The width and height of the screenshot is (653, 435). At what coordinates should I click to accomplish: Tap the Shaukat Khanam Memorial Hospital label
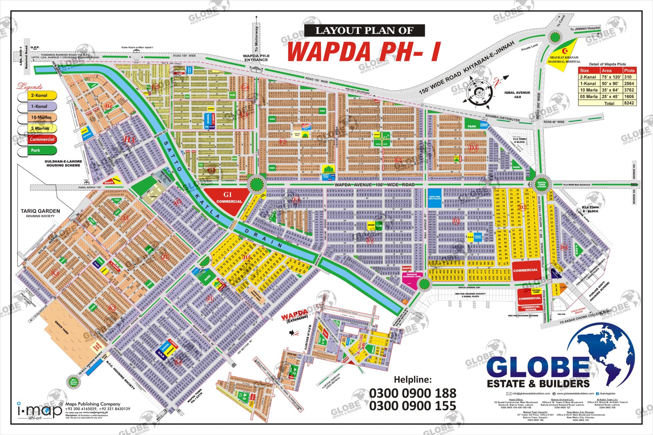564,59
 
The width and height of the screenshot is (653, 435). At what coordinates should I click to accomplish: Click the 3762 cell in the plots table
629,90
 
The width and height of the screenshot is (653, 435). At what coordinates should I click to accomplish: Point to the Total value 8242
629,103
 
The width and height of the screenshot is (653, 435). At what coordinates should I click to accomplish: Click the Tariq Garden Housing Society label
40,213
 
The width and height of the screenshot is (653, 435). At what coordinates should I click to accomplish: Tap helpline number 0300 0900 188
412,393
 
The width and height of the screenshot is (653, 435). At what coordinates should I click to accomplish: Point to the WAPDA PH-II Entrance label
256,58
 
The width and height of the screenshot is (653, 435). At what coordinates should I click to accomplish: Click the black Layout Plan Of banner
364,31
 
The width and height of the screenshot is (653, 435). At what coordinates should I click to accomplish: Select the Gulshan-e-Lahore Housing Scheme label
63,163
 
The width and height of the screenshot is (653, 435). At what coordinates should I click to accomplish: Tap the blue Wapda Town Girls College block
435,198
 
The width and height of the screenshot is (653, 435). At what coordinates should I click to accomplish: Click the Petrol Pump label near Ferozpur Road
536,291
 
